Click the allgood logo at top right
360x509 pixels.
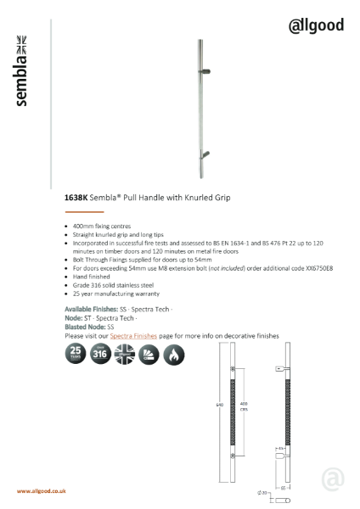(x=316, y=25)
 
